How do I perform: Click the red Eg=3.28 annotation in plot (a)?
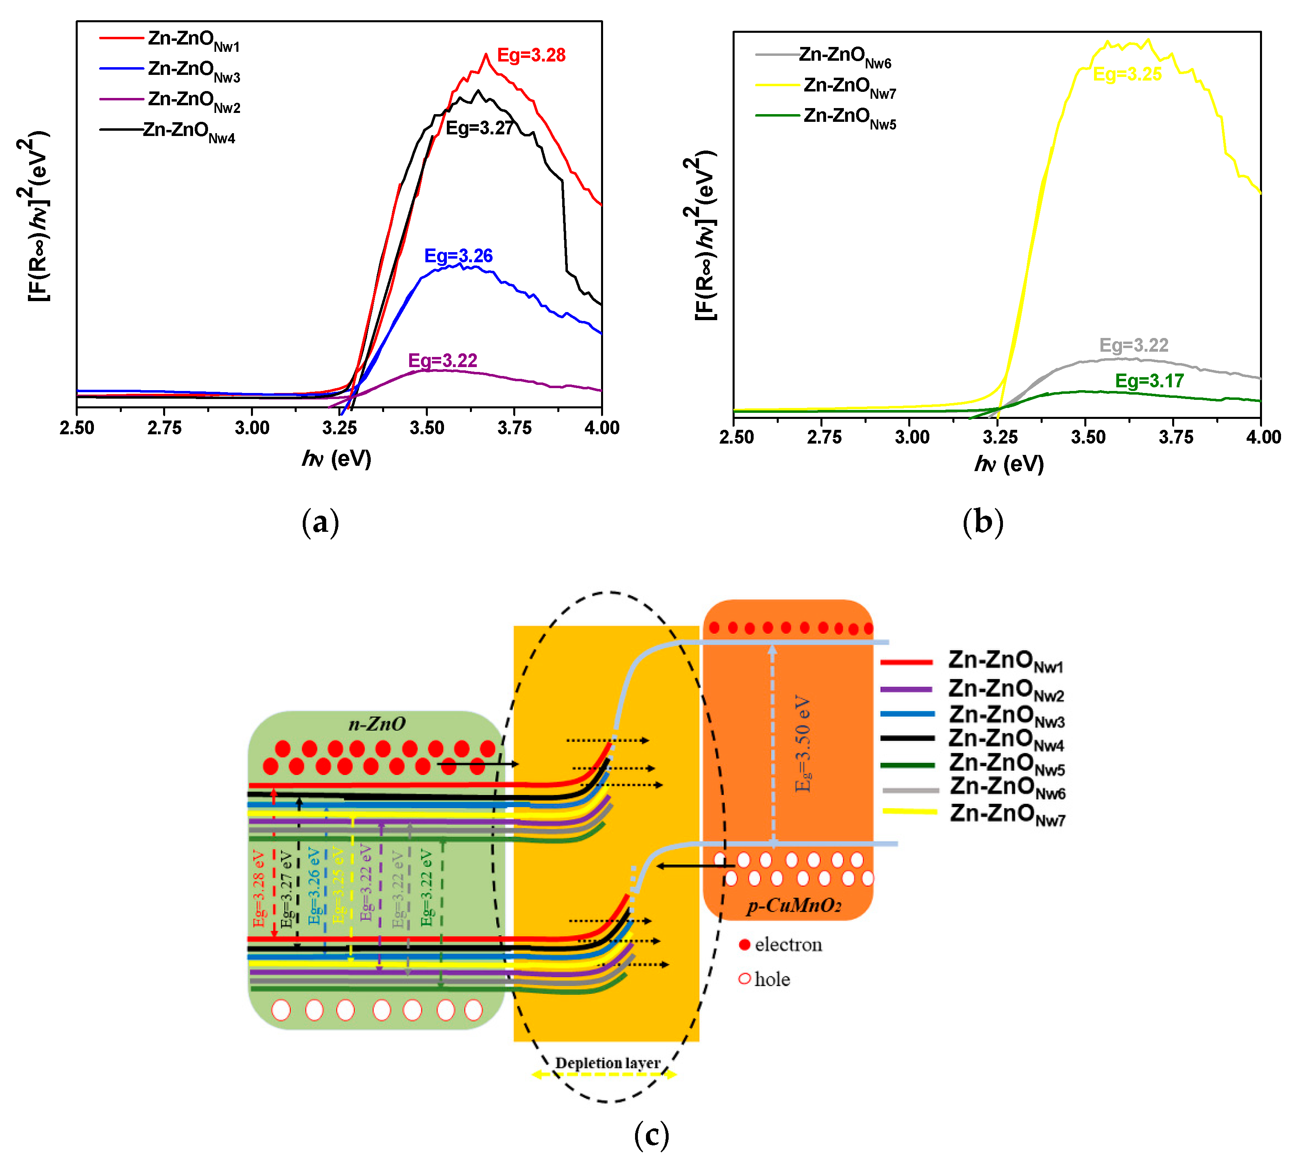click(x=531, y=55)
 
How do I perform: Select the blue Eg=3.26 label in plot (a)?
click(x=458, y=256)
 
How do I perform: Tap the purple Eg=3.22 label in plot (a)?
click(x=443, y=360)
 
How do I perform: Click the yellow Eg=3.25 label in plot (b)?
click(x=1127, y=74)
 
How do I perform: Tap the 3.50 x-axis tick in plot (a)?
click(x=427, y=428)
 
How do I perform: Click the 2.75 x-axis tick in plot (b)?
click(x=824, y=437)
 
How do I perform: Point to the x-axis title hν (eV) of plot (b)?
click(x=1009, y=463)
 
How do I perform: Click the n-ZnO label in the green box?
click(x=377, y=724)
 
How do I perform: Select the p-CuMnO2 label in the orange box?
click(x=794, y=906)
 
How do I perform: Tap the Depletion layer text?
click(x=607, y=1063)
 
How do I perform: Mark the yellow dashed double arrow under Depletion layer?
click(x=604, y=1075)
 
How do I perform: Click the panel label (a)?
click(x=320, y=522)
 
